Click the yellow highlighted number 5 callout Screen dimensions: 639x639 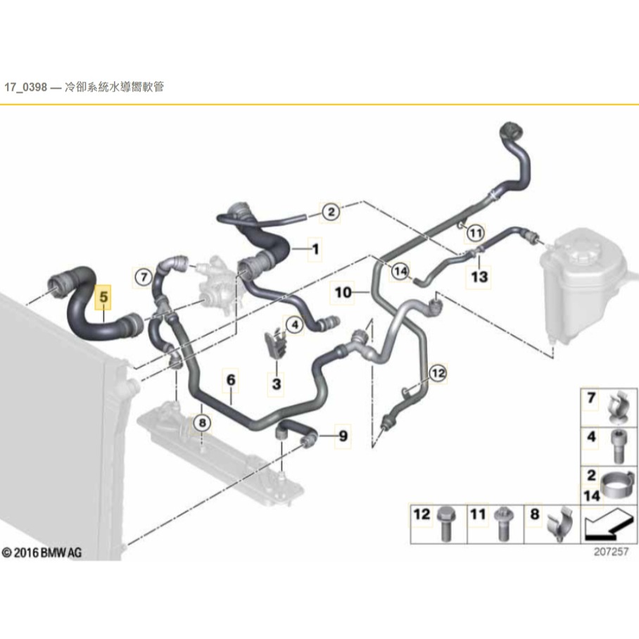point(103,298)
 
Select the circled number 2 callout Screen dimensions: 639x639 point(330,210)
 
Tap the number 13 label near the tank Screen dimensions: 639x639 point(479,277)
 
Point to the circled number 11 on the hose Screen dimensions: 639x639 point(476,232)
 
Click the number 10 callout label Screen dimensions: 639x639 point(342,291)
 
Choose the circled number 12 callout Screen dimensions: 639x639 point(438,374)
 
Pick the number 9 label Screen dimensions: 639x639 point(342,436)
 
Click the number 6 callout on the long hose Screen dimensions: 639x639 point(229,381)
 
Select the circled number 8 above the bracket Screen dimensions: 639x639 point(202,422)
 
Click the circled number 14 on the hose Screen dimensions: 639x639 point(400,271)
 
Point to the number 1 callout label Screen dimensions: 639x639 point(315,248)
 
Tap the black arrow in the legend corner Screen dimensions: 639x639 point(607,524)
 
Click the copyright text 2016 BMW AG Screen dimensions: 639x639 point(42,553)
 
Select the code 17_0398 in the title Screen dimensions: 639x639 point(26,88)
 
